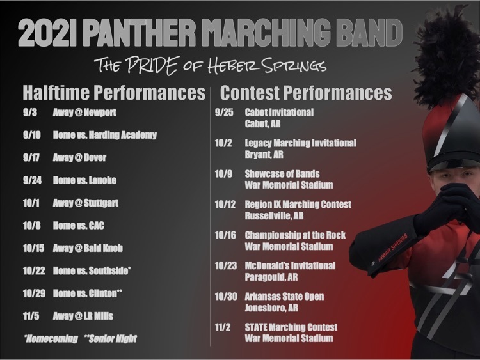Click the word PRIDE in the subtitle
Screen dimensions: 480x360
[152, 65]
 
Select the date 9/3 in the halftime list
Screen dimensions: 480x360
[30, 113]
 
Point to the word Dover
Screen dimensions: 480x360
[95, 157]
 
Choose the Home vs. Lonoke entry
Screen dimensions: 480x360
[84, 180]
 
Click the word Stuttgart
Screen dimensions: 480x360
[101, 203]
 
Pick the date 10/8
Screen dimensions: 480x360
[32, 226]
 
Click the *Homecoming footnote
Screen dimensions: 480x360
[51, 339]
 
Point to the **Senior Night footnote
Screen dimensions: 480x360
[111, 339]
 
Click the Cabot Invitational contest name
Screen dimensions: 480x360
[279, 113]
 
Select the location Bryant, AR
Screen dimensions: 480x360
[264, 155]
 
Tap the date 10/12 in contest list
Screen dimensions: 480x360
[225, 205]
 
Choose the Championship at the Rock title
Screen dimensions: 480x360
[295, 235]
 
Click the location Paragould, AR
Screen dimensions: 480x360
[271, 277]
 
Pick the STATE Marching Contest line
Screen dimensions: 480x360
[291, 327]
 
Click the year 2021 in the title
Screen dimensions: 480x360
[47, 33]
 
